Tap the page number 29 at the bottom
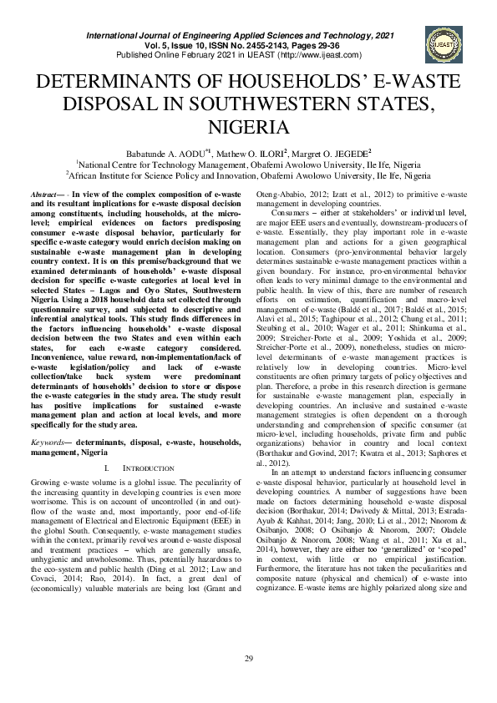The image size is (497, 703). (248, 660)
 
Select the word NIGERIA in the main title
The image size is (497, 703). (247, 127)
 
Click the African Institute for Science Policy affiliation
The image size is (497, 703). (248, 176)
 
